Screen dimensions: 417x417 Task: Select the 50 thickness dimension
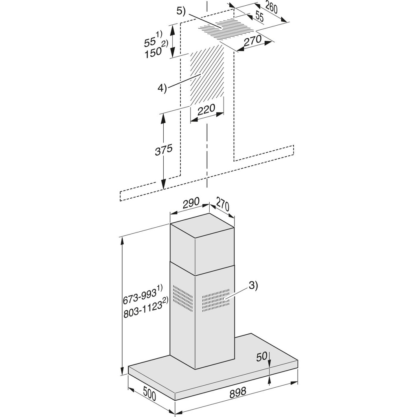tap(262, 356)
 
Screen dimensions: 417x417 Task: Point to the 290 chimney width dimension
tap(191, 202)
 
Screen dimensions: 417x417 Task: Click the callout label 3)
tap(253, 285)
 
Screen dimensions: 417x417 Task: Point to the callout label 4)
tap(162, 88)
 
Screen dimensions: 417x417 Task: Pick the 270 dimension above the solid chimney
tap(223, 204)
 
